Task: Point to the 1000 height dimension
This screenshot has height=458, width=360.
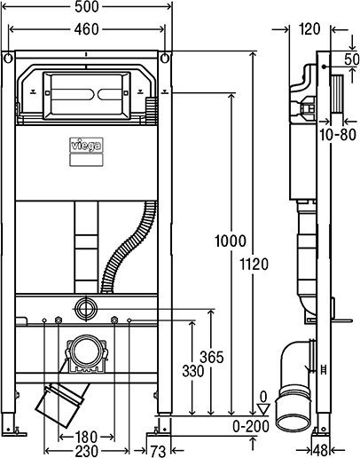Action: [230, 240]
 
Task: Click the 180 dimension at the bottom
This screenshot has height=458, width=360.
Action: [86, 436]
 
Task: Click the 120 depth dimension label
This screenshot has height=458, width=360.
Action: [309, 28]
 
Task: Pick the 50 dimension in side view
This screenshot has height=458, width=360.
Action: [350, 59]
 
